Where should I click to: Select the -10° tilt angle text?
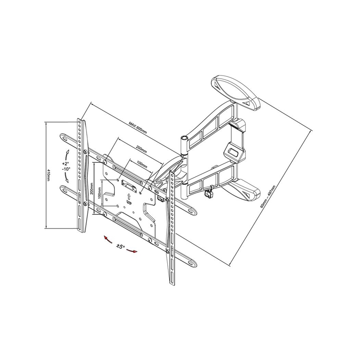[66, 169]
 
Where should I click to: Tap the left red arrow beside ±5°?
[107, 239]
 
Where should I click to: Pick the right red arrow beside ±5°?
[133, 251]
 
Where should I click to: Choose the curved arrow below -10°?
[66, 178]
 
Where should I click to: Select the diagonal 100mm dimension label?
[141, 164]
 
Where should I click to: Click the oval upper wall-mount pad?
[236, 90]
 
